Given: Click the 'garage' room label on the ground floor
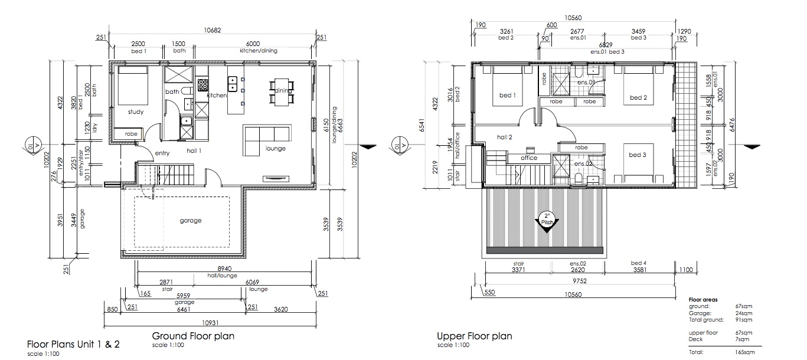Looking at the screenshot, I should pos(191,221).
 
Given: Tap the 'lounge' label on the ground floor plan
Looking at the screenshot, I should pos(275,149).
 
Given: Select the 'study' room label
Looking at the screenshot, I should pos(136,112).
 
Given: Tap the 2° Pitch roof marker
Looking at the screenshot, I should pos(546,220).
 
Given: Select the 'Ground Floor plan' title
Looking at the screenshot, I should pos(193,336).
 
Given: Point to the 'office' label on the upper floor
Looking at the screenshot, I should pos(529,158).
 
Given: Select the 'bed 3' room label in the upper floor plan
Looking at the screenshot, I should pos(638,155).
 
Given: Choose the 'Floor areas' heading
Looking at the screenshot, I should pos(703,300).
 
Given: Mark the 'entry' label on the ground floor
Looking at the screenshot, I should pos(162,153).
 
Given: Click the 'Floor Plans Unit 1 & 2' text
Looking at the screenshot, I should pos(74,344).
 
